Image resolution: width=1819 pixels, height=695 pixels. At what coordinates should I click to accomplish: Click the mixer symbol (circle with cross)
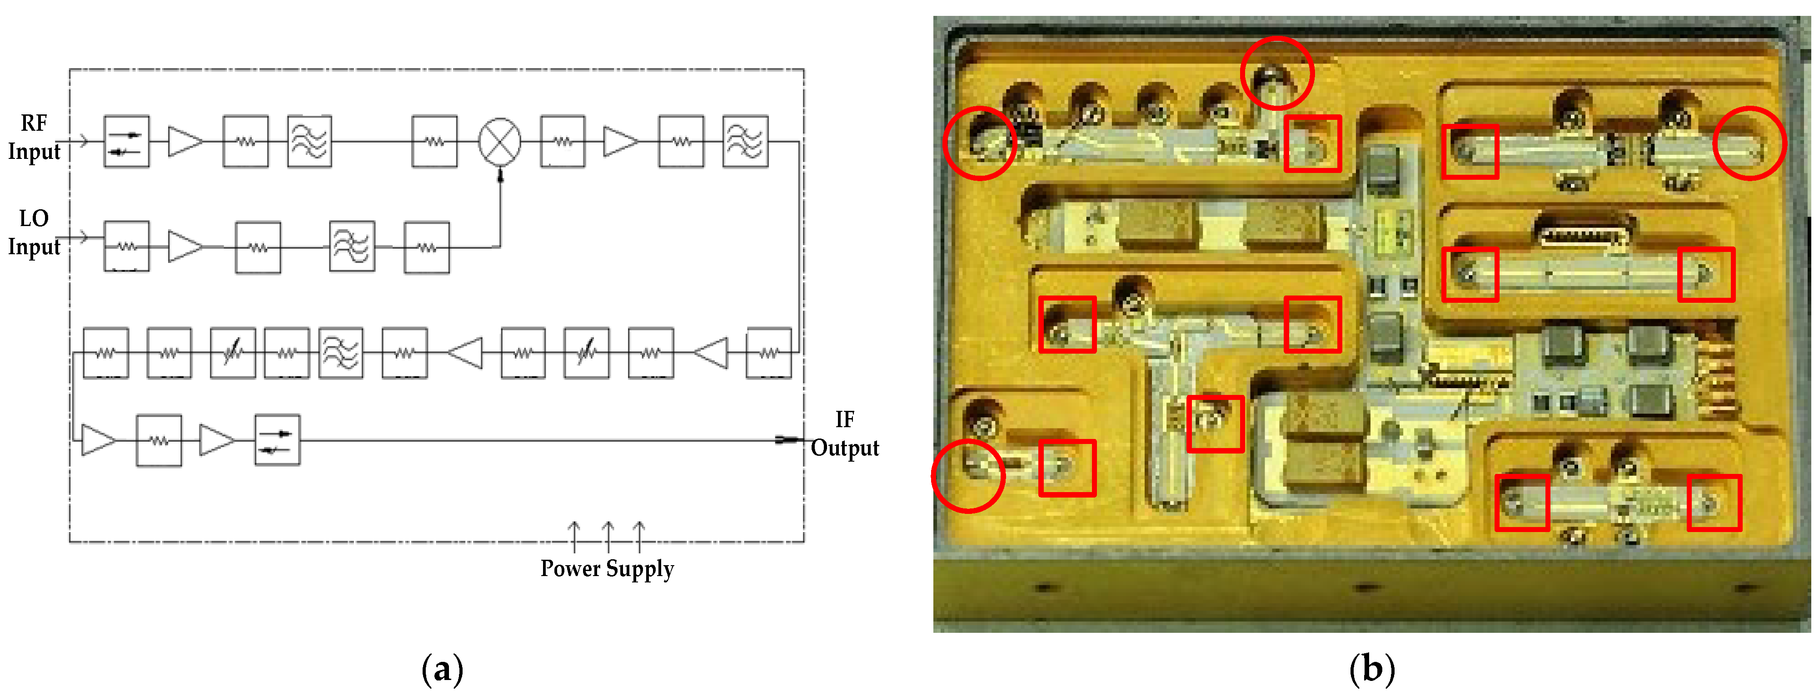500,141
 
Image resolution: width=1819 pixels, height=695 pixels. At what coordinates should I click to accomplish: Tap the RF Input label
34,138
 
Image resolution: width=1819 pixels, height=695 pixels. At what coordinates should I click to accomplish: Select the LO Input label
34,232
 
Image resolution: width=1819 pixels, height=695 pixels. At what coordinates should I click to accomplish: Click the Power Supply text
607,568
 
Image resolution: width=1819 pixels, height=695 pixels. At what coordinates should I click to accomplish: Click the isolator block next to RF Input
126,141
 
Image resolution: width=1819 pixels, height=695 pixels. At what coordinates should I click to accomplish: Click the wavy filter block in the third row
341,353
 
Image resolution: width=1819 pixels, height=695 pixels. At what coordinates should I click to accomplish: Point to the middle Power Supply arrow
608,536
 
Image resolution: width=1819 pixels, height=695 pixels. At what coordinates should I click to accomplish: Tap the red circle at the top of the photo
1277,73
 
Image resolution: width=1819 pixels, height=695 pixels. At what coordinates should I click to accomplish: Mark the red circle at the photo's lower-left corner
968,476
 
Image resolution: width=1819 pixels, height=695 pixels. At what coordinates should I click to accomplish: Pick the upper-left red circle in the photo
979,143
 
